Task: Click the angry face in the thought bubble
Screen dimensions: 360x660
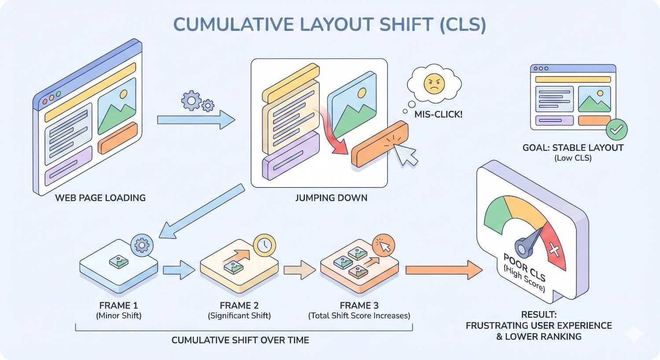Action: [x=434, y=84]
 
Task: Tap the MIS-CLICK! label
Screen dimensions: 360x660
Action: [x=438, y=114]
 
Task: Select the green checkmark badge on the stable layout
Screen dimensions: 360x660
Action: [x=616, y=129]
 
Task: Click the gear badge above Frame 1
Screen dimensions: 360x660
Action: [x=142, y=245]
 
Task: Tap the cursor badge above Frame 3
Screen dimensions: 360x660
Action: [x=384, y=246]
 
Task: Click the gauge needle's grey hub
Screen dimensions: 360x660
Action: [x=523, y=248]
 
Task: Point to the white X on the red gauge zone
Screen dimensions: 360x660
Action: [x=554, y=251]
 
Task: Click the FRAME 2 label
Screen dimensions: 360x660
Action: [x=239, y=305]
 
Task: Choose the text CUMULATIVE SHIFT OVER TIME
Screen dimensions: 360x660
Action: [x=240, y=340]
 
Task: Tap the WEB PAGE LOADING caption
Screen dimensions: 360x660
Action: [x=100, y=198]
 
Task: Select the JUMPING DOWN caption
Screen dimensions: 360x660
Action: [x=331, y=198]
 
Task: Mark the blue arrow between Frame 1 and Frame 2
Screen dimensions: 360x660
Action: [x=179, y=270]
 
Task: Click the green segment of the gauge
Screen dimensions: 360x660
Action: [x=495, y=214]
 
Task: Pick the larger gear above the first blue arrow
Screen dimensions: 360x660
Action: [x=191, y=100]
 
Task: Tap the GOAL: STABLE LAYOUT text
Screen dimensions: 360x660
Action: [x=573, y=148]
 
